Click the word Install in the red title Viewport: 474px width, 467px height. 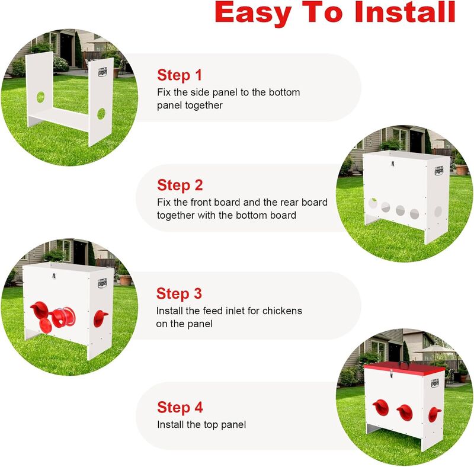tap(405, 12)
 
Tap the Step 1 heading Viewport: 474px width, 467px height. tap(180, 76)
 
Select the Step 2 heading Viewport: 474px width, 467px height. tap(180, 185)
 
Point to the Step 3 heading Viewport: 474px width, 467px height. tap(179, 294)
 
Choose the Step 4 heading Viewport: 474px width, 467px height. tap(180, 407)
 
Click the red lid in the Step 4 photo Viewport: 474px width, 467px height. tap(404, 369)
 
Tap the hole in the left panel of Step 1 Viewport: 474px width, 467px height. tap(40, 97)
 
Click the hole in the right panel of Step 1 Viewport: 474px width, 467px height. tap(101, 114)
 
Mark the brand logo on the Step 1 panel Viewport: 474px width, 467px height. tap(103, 72)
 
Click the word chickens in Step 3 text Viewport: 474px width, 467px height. tap(282, 311)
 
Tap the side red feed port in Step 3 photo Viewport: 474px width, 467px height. tap(100, 319)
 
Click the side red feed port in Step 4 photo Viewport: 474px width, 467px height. tap(434, 415)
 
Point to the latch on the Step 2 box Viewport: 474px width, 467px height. tap(392, 164)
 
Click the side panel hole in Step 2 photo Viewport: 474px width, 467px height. tap(438, 212)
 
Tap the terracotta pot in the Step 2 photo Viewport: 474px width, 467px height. tap(462, 169)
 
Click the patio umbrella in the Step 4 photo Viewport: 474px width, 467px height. tap(435, 350)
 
